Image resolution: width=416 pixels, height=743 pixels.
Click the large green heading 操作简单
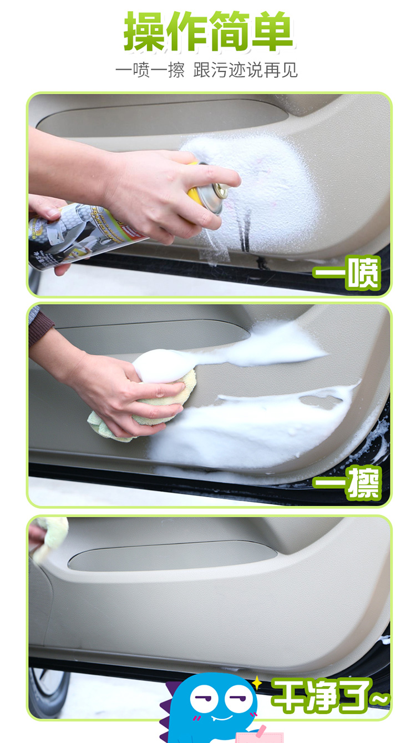[208, 31]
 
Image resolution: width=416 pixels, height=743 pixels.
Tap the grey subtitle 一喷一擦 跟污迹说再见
[206, 70]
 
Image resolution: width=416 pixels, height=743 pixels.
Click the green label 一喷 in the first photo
[347, 272]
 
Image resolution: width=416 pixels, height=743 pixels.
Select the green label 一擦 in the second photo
[347, 483]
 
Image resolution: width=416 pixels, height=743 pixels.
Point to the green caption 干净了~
[330, 696]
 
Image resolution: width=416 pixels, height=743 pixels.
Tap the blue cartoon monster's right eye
[236, 696]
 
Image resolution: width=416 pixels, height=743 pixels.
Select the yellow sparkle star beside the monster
[257, 682]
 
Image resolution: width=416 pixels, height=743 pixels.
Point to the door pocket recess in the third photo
[173, 558]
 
